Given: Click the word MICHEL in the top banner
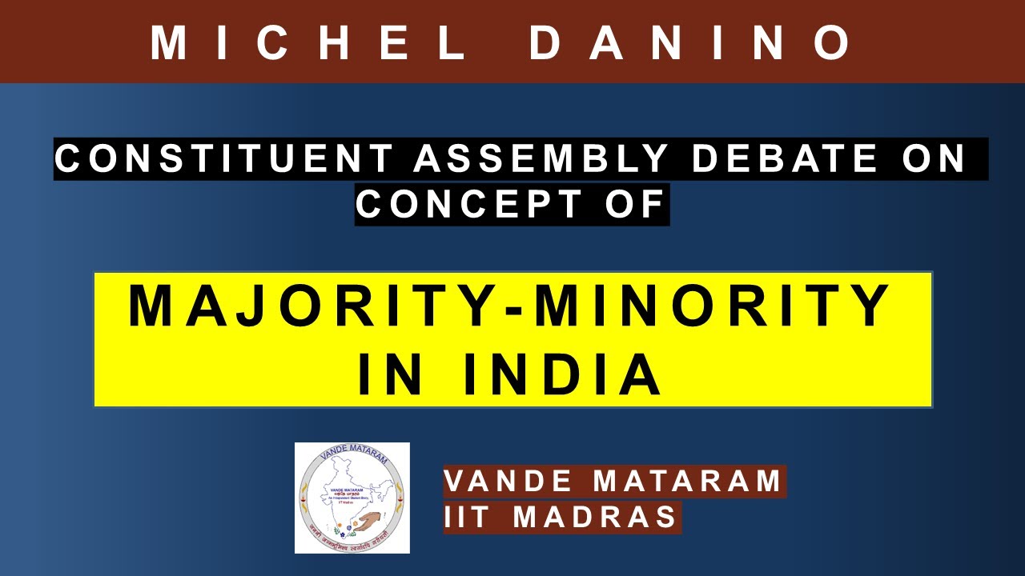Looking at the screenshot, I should pos(308,42).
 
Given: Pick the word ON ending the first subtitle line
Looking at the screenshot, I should pos(936,159).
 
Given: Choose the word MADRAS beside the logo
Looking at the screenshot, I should pos(596,517).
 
